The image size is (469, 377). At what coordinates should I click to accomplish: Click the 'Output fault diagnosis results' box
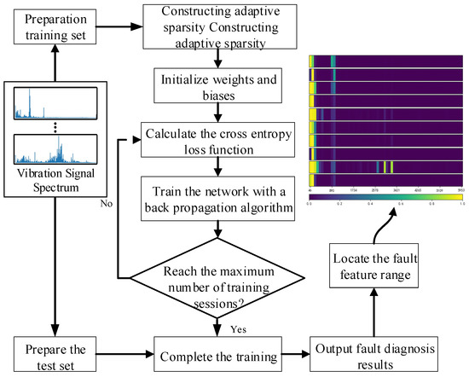point(375,349)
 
